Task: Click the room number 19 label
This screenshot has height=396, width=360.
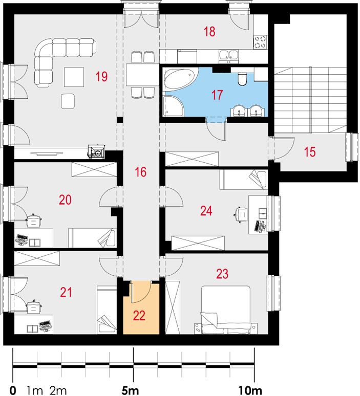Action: click(101, 76)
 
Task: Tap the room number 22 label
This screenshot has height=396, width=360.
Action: click(139, 316)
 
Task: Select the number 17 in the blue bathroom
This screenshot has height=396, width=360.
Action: click(217, 95)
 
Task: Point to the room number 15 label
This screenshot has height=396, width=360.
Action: click(310, 152)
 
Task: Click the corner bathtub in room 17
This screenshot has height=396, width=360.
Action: click(180, 79)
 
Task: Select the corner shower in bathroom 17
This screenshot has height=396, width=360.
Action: click(173, 106)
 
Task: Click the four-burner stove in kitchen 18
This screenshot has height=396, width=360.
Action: click(260, 42)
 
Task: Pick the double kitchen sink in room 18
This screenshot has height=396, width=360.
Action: click(228, 56)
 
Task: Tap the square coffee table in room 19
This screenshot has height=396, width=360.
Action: click(74, 77)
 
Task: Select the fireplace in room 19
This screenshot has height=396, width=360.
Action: click(96, 152)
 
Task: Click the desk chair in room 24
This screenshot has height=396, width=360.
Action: click(240, 215)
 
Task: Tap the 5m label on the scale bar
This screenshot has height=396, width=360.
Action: click(130, 391)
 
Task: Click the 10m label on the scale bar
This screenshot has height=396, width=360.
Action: click(250, 391)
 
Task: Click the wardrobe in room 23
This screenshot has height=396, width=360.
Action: click(173, 307)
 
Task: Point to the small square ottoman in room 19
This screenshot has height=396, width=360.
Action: click(68, 101)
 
